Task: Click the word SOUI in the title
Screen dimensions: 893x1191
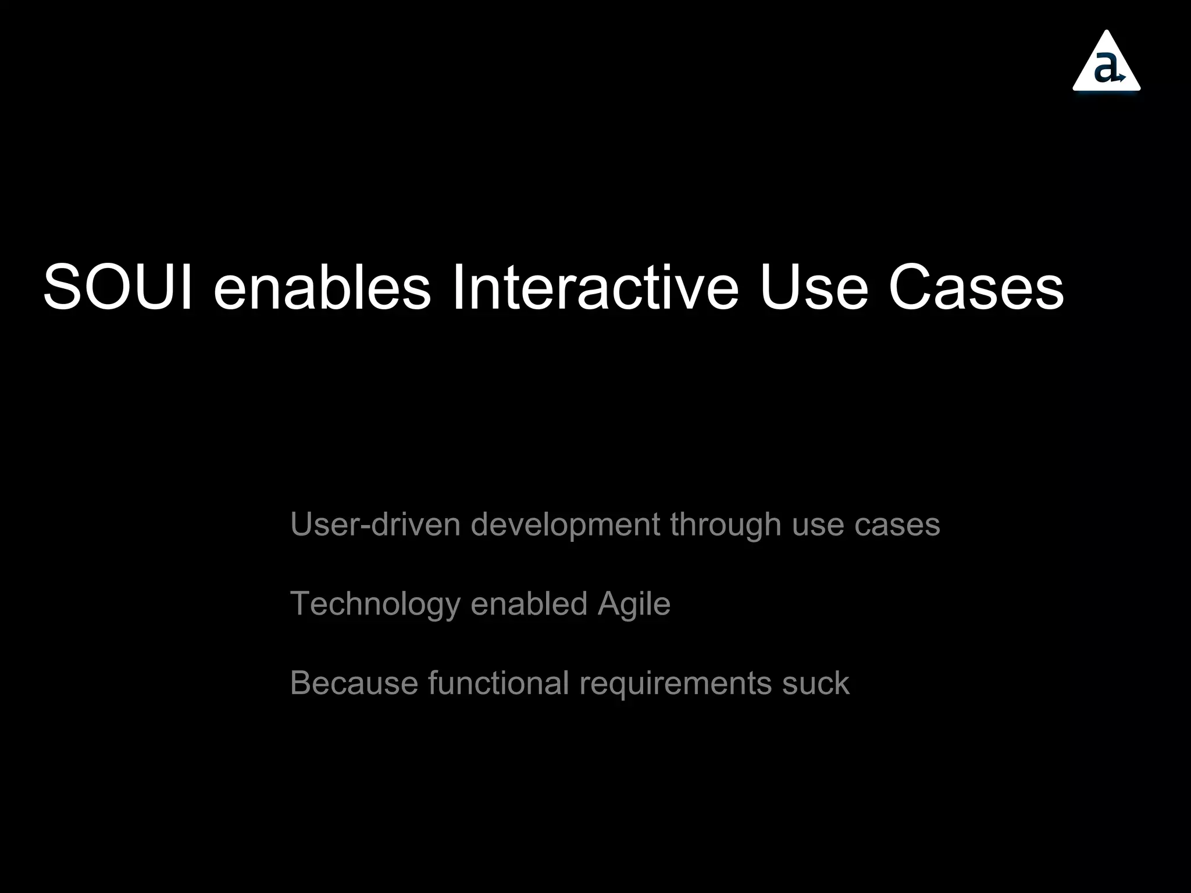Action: [x=117, y=288]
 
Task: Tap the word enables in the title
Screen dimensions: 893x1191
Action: [x=322, y=288]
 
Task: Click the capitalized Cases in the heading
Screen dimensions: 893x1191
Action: [x=976, y=288]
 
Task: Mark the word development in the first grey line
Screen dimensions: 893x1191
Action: [x=565, y=524]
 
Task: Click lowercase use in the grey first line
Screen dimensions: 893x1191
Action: [x=818, y=524]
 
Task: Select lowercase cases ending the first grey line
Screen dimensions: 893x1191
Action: [x=897, y=524]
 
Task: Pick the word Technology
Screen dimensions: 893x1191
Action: [x=375, y=605]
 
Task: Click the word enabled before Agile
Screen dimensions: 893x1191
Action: [x=529, y=603]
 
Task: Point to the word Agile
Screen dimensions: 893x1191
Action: [x=634, y=605]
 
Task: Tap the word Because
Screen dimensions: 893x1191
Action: [x=354, y=683]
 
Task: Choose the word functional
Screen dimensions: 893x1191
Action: [x=498, y=683]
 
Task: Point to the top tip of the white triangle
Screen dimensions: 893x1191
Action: [x=1107, y=33]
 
